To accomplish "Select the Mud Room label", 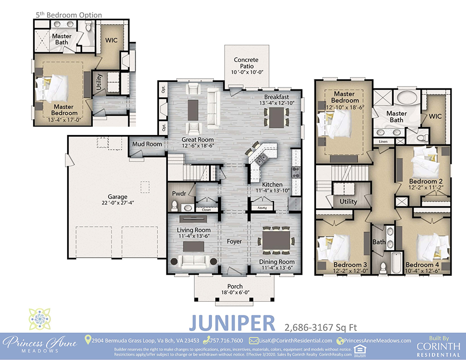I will pos(147,144).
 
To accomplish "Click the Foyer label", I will pos(234,242).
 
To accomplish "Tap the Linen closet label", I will pos(383,141).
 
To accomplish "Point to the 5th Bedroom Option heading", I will pos(69,15).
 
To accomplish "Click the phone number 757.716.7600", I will pos(227,341).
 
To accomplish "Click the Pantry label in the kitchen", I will pos(262,205).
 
